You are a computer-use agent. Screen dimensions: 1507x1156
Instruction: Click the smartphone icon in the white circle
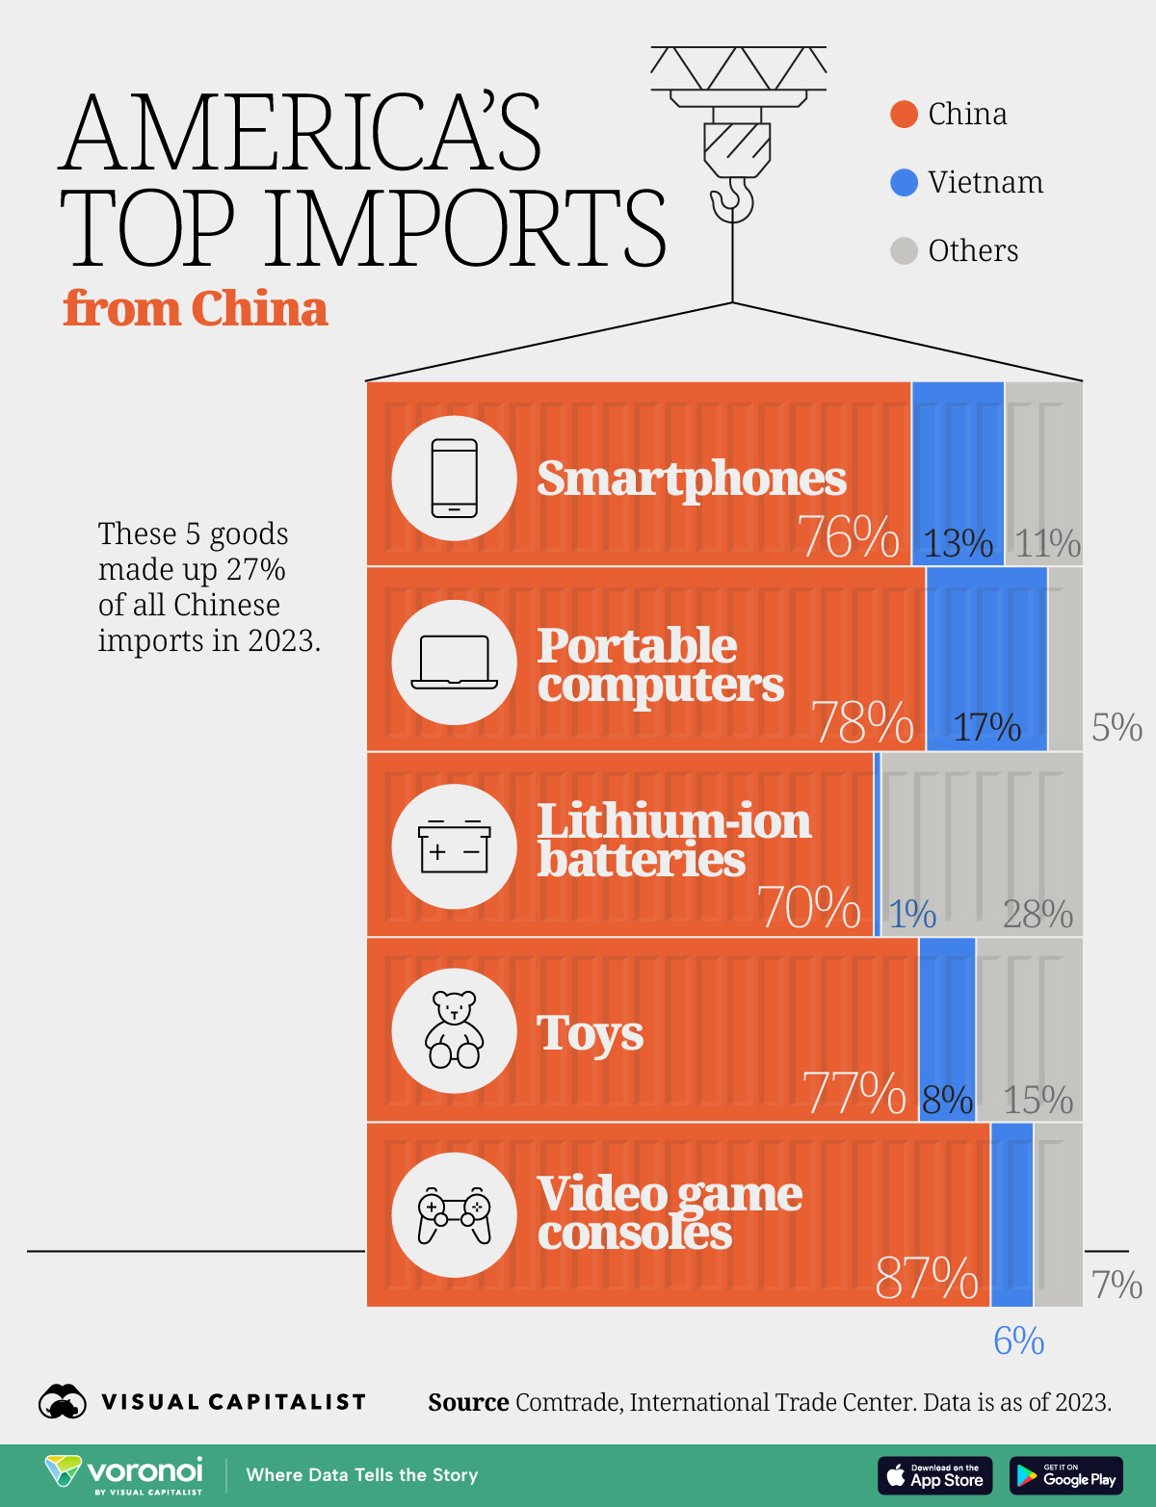coord(454,478)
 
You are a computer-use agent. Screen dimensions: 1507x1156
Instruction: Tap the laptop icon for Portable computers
coord(454,663)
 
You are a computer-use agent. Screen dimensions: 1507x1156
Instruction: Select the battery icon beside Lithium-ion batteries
coord(454,846)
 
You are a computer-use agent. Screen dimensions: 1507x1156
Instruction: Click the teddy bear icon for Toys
coord(454,1030)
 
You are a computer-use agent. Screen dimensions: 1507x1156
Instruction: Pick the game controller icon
coord(454,1215)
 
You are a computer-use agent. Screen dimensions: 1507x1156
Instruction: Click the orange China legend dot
coord(904,115)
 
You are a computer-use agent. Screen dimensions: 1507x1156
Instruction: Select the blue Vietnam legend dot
coord(904,183)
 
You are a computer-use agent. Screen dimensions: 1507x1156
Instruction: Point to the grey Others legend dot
coord(904,251)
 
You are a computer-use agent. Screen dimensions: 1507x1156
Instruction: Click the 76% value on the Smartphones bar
coord(848,537)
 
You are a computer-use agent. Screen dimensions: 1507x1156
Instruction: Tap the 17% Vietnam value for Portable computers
coord(986,727)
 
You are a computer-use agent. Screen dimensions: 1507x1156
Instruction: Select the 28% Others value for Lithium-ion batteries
coord(1038,914)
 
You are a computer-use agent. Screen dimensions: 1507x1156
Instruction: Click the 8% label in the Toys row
coord(947,1100)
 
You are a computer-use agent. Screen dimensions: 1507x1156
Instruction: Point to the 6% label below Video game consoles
coord(1018,1340)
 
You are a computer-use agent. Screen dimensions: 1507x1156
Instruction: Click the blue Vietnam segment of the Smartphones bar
coord(958,453)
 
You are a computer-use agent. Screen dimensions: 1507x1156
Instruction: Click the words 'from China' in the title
coord(196,309)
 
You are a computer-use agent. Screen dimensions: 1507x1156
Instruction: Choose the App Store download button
coord(934,1475)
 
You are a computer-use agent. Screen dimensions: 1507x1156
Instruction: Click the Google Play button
coord(1065,1475)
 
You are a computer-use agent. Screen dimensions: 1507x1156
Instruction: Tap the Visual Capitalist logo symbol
coord(63,1402)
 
